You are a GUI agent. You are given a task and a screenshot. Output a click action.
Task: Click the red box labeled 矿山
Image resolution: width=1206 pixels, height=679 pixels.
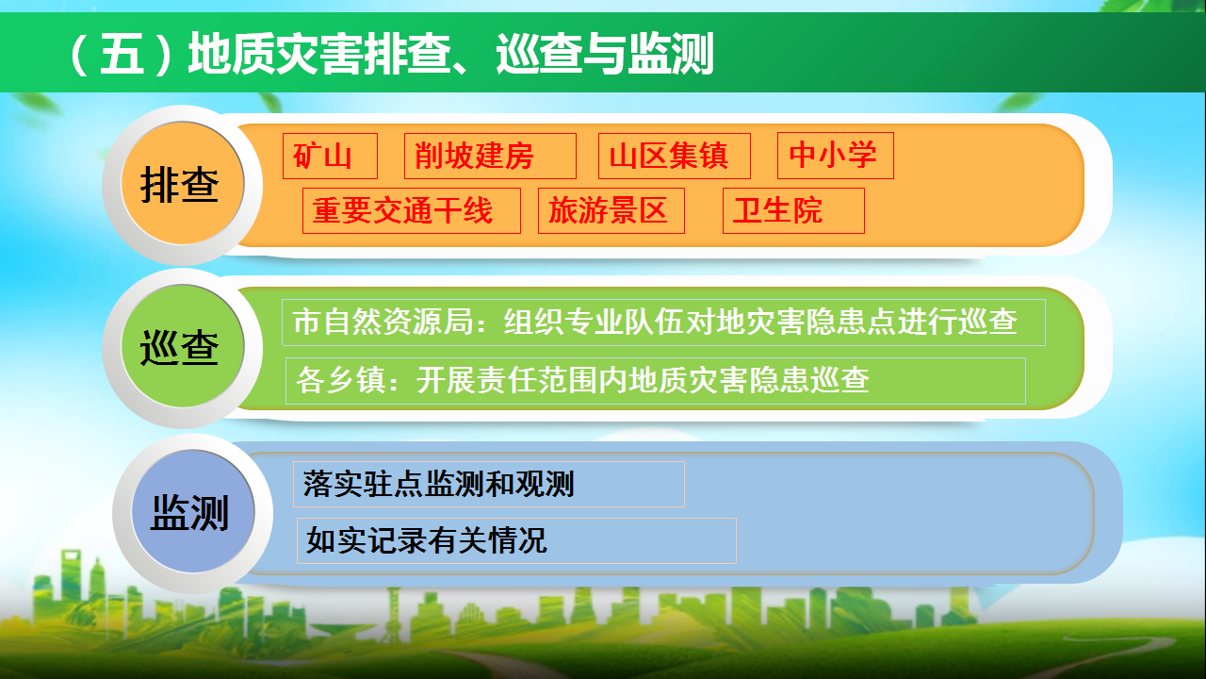330,156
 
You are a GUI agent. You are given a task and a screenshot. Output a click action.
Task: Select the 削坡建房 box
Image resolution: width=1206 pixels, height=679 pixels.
490,156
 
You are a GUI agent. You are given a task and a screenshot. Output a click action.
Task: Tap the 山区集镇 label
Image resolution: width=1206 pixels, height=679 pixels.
674,156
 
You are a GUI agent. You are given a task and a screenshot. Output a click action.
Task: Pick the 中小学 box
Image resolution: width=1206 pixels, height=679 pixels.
836,156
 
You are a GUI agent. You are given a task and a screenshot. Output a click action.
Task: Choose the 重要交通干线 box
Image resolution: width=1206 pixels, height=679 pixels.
412,210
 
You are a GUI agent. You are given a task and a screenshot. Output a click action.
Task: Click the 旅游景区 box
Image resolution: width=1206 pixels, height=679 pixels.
611,210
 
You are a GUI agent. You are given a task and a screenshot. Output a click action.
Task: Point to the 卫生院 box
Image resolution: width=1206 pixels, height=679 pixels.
793,210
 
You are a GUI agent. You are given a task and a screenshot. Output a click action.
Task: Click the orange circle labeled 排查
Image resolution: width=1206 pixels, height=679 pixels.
183,183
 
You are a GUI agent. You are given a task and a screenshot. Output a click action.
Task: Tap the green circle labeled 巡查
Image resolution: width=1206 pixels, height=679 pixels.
183,346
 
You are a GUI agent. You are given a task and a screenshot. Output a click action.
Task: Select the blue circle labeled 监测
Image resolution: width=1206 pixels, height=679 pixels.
193,511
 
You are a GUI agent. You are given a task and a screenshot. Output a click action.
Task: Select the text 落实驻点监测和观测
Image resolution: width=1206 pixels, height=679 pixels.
438,484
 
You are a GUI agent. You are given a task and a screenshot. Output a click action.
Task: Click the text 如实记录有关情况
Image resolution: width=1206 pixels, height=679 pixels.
427,540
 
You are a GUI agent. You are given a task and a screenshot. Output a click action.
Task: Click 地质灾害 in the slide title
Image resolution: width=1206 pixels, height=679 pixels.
276,53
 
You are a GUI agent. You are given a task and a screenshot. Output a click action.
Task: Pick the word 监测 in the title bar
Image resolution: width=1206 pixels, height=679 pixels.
670,53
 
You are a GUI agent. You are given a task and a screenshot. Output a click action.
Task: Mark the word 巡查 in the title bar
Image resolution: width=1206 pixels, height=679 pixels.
539,53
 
